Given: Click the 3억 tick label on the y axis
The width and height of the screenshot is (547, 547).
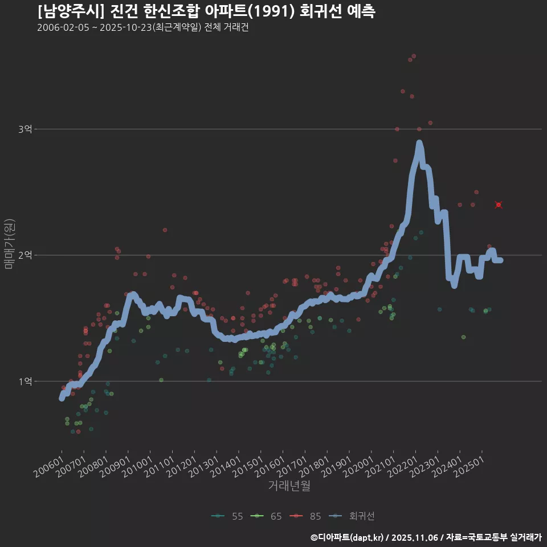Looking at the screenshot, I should click(x=25, y=129).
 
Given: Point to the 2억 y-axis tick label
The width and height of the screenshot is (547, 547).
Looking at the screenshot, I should click(x=25, y=255).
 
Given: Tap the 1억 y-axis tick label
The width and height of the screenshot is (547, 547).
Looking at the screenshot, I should click(x=25, y=381).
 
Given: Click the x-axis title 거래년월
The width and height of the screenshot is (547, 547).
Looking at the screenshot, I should click(x=289, y=486).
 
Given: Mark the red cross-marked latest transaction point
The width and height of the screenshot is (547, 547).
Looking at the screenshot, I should click(x=499, y=205).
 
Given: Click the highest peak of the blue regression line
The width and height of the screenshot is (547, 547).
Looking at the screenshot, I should click(x=419, y=143).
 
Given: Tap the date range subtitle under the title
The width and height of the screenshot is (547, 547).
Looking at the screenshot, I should click(x=142, y=27).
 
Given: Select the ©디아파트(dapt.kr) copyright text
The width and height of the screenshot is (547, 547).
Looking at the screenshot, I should click(x=347, y=537).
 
